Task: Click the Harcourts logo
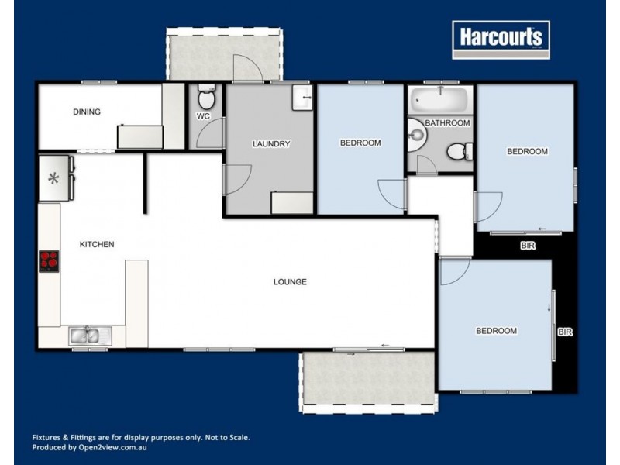tap(501, 39)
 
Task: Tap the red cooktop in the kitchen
tap(49, 261)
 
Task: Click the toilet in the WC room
tap(206, 98)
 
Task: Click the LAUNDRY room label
tap(271, 144)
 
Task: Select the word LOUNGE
tap(290, 282)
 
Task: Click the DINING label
tap(87, 112)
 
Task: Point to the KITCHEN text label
tap(97, 245)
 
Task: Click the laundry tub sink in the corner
tap(302, 98)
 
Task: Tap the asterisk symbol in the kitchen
tap(53, 179)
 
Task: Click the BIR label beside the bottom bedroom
tap(564, 332)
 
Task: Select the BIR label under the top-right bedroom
tap(527, 246)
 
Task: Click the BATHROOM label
tap(447, 123)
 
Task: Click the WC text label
tap(203, 117)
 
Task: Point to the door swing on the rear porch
tap(250, 68)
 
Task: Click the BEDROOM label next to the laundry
tap(360, 143)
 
